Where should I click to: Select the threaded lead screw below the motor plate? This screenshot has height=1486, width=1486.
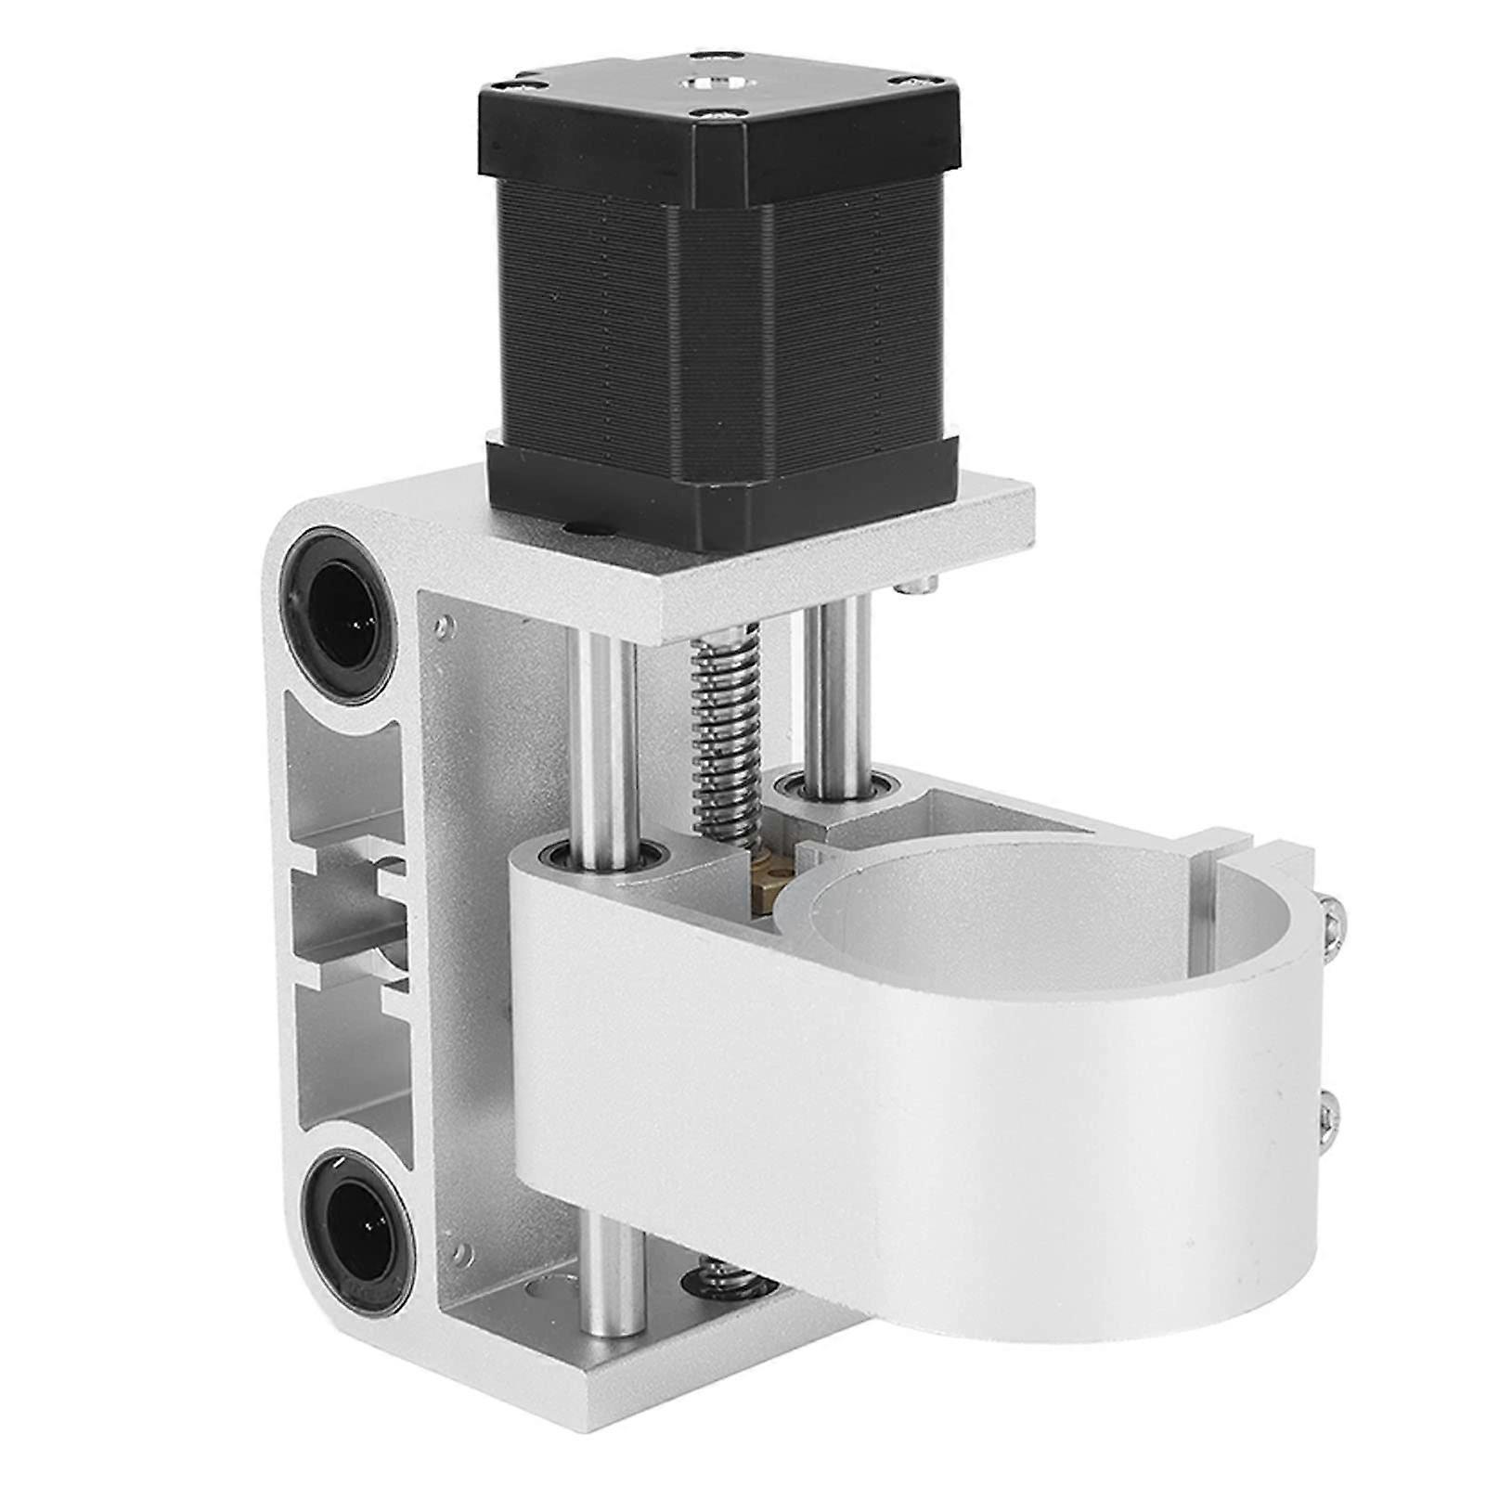point(728,733)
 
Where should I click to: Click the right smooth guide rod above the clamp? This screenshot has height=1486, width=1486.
point(837,687)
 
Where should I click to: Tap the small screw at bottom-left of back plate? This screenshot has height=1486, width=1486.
point(459,1255)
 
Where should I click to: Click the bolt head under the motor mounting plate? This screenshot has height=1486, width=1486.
point(918,585)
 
